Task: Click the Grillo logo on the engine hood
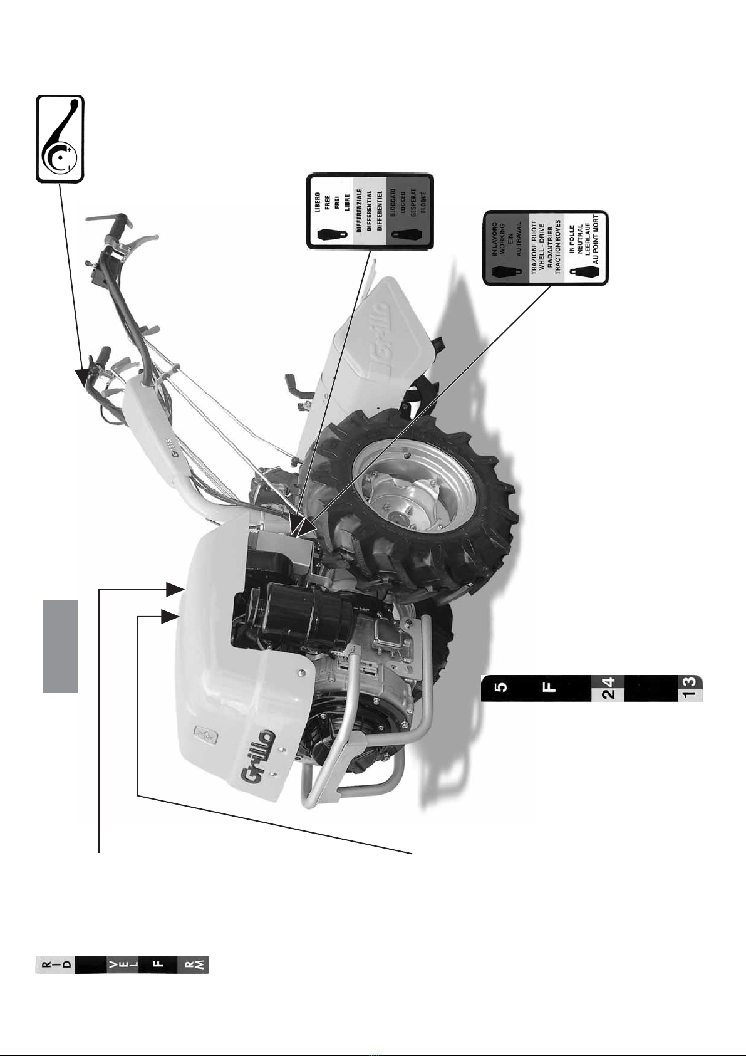click(x=255, y=758)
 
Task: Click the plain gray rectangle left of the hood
click(x=60, y=646)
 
